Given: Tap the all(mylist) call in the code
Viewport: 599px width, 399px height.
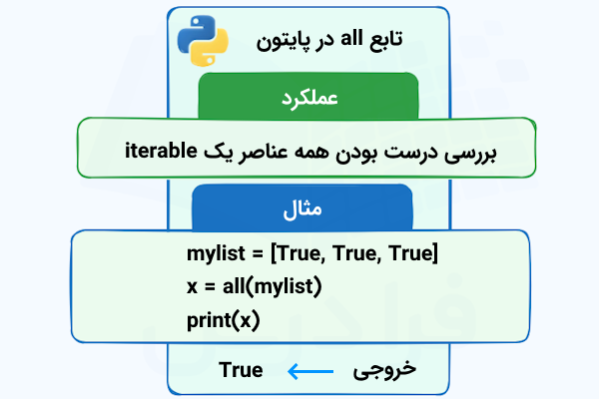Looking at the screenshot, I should pos(268,288).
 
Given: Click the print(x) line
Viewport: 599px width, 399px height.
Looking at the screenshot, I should pos(222,320).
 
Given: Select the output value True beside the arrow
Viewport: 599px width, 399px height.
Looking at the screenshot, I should pos(241,371).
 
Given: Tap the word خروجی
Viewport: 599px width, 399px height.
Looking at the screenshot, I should pos(384,370).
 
